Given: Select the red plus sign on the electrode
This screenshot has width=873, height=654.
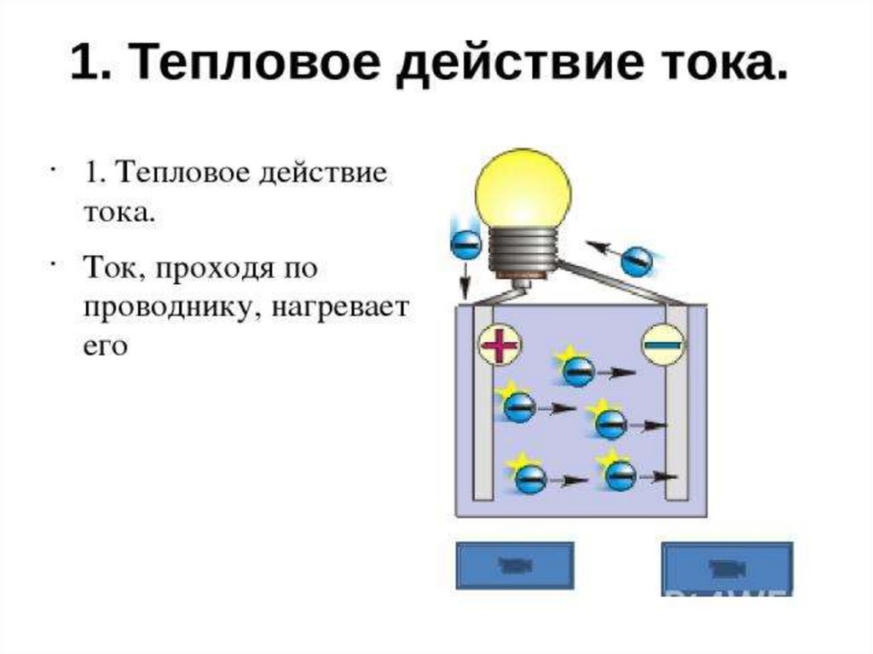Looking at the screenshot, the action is (x=500, y=346).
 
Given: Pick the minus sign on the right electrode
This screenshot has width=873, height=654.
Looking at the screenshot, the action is (x=662, y=345).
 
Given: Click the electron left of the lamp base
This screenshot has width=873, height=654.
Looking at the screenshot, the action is (x=465, y=245).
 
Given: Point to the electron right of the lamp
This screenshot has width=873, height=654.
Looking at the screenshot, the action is (x=636, y=260).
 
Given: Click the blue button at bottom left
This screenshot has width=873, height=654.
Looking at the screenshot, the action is (x=515, y=565).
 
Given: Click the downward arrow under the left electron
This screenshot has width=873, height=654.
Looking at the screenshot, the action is (x=466, y=278).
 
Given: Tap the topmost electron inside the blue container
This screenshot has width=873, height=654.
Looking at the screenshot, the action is (x=578, y=371).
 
